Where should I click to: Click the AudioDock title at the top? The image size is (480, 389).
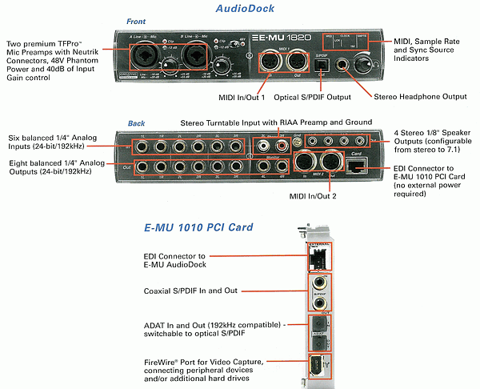pos(246,10)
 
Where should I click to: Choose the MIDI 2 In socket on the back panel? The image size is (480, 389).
pos(306,162)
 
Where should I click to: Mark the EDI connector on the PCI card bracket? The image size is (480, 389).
pos(319,260)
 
